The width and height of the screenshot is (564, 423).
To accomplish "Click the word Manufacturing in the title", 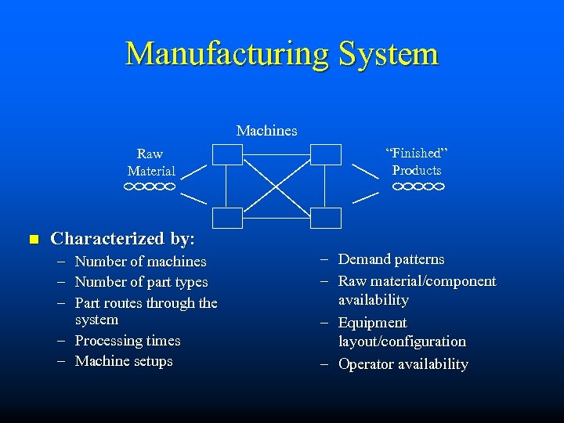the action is (228, 54).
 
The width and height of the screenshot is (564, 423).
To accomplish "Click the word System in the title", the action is (389, 54).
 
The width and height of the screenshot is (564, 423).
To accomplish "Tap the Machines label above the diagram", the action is (266, 131).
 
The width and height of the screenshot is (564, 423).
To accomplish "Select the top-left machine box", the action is (227, 154).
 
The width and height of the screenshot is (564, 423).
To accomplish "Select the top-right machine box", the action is (326, 154).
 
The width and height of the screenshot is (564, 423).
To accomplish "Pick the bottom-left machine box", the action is (227, 217).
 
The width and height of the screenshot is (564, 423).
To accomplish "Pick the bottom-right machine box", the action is (326, 217).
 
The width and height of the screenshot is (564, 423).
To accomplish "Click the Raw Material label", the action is (151, 162).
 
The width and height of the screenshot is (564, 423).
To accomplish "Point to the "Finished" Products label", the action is (417, 161).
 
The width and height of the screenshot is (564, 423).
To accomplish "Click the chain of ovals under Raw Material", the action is (149, 187).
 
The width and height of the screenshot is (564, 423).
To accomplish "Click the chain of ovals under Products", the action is (418, 187).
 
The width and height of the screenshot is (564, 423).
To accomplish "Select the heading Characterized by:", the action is (123, 238).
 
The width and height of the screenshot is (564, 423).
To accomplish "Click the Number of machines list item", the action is (140, 262).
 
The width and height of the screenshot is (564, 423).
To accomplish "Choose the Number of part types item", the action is (141, 282).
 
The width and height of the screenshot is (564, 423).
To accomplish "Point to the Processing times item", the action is (128, 341).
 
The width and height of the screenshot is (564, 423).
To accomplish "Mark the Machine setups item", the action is (124, 361).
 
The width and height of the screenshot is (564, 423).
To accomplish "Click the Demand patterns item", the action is (391, 259).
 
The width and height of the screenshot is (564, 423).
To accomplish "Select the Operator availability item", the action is (403, 364).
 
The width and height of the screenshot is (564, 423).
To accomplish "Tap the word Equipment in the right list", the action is (372, 323).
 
